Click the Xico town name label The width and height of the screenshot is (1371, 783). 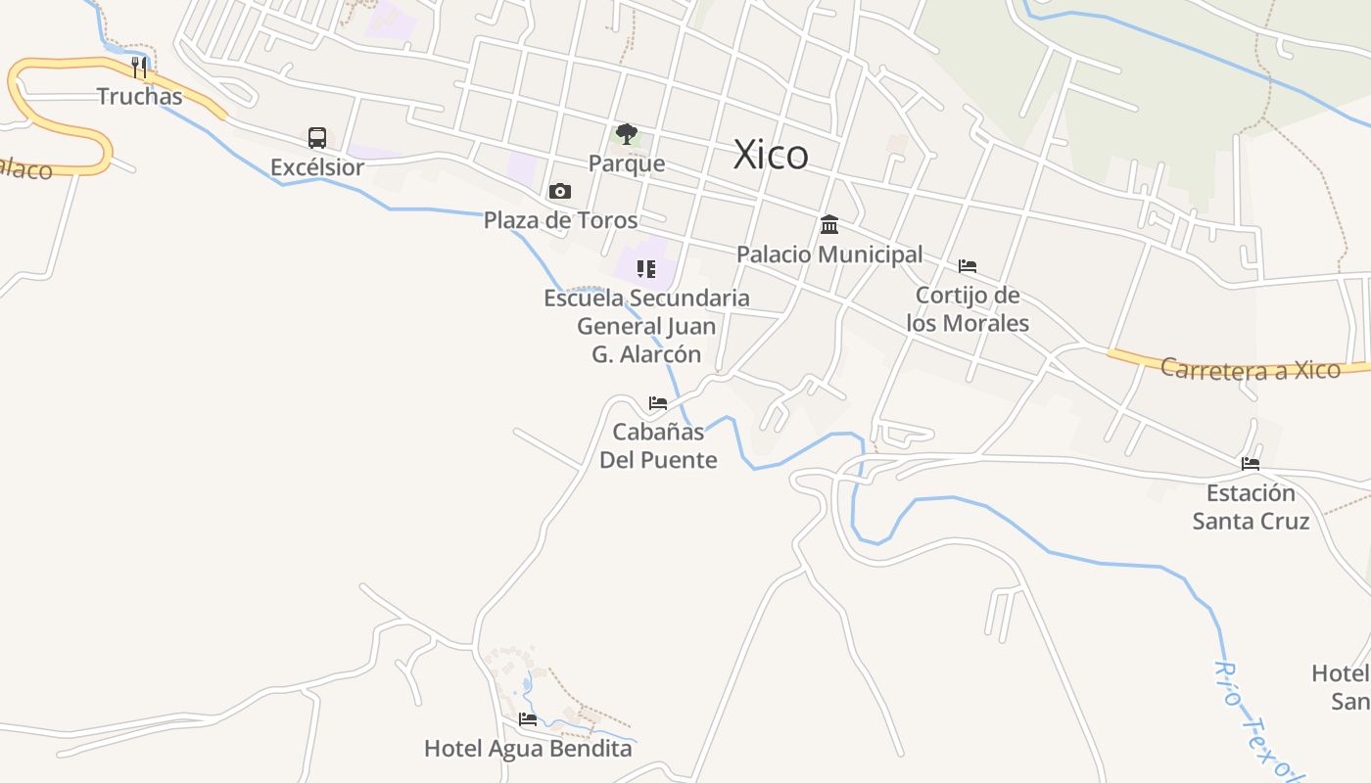pyautogui.click(x=771, y=155)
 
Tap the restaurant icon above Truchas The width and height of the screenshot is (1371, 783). pyautogui.click(x=139, y=68)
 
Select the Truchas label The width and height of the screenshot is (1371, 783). pyautogui.click(x=139, y=96)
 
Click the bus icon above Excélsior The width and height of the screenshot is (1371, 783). pyautogui.click(x=317, y=137)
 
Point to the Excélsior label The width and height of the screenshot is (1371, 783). pyautogui.click(x=317, y=167)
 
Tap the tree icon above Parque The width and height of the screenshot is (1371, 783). pyautogui.click(x=627, y=134)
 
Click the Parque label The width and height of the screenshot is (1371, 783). pyautogui.click(x=627, y=163)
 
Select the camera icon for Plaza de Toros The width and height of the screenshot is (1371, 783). pyautogui.click(x=560, y=191)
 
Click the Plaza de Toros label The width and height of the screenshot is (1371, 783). pyautogui.click(x=560, y=220)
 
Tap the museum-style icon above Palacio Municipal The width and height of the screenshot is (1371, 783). pyautogui.click(x=829, y=225)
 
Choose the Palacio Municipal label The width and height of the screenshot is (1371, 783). pyautogui.click(x=829, y=254)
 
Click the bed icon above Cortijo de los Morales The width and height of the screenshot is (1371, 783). pyautogui.click(x=968, y=266)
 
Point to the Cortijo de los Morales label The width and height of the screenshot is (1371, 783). pyautogui.click(x=968, y=309)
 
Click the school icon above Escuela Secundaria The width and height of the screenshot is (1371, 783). pyautogui.click(x=645, y=268)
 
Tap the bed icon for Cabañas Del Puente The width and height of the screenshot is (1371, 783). pyautogui.click(x=658, y=402)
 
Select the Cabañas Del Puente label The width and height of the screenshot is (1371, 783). pyautogui.click(x=658, y=445)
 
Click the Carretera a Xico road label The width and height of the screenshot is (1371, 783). pyautogui.click(x=1250, y=369)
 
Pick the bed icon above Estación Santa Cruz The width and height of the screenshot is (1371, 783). pyautogui.click(x=1251, y=464)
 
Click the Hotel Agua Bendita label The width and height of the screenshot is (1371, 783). pyautogui.click(x=528, y=749)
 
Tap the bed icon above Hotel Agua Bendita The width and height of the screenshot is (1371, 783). pyautogui.click(x=528, y=719)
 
